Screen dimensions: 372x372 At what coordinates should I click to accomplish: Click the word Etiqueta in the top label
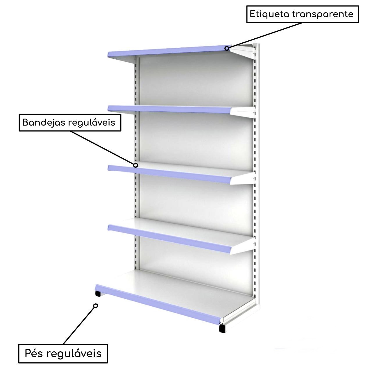pos(269,14)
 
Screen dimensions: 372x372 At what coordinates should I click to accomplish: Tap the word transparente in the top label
pos(323,14)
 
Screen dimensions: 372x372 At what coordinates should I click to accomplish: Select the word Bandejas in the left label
pos(44,123)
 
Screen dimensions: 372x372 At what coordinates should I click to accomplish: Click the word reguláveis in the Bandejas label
pos(92,123)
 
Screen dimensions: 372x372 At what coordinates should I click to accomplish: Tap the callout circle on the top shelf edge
pos(227,48)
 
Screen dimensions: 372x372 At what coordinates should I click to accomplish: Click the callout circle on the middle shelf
pos(135,165)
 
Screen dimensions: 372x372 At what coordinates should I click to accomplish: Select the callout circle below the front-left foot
pos(96,306)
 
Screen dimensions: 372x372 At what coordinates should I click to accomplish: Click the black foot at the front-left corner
pos(98,294)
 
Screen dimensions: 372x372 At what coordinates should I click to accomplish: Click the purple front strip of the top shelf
pos(169,51)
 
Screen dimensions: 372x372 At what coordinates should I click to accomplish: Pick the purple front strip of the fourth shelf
pos(169,239)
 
